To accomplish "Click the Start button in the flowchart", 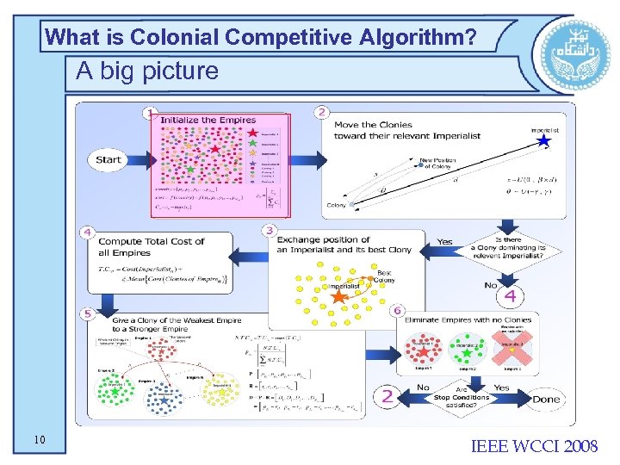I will pyautogui.click(x=109, y=160).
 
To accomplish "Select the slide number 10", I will pyautogui.click(x=40, y=441).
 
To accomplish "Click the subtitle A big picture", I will pyautogui.click(x=147, y=71).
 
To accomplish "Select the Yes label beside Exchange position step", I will pyautogui.click(x=444, y=242).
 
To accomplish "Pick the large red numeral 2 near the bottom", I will pyautogui.click(x=387, y=396).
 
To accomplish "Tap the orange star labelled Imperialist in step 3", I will pyautogui.click(x=339, y=296).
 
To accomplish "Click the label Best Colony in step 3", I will pyautogui.click(x=384, y=276).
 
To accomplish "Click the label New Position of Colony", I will pyautogui.click(x=437, y=164).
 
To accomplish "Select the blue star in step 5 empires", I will pyautogui.click(x=164, y=400).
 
